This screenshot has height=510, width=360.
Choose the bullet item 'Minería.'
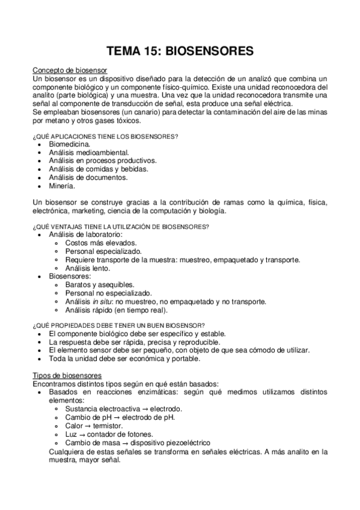tap(63, 186)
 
